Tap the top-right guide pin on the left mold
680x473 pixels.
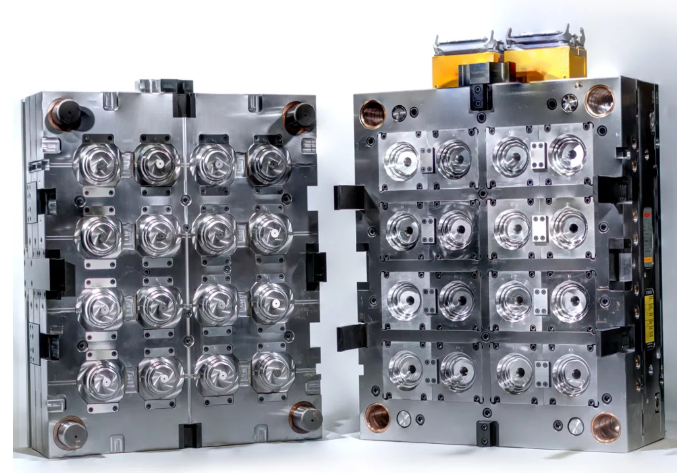point(299,115)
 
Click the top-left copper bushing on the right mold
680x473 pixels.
point(373,114)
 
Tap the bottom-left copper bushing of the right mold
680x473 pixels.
point(377,416)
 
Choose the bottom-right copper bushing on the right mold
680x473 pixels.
point(605,426)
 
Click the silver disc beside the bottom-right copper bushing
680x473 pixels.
point(576,426)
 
